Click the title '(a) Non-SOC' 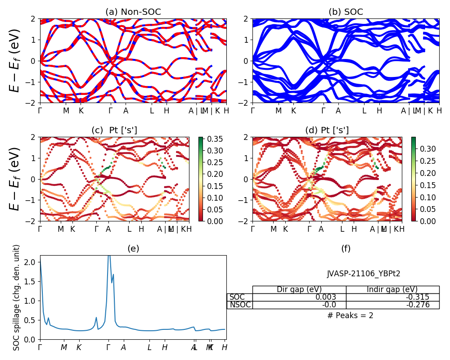(x=133, y=12)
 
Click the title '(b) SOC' (x=346, y=12)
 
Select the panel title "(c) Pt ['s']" (x=114, y=130)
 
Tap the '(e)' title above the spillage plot (x=133, y=248)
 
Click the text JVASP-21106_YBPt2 (x=364, y=273)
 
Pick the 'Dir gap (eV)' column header (x=299, y=289)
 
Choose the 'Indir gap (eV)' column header (x=392, y=289)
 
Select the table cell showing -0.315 (x=417, y=297)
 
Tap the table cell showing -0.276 (x=417, y=305)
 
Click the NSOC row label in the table (x=240, y=305)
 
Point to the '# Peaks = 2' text (x=350, y=315)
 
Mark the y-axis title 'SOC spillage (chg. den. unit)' (x=17, y=297)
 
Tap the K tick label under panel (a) (x=81, y=111)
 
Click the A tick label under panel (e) (x=123, y=347)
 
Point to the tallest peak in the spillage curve (x=108, y=256)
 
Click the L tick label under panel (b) (x=364, y=111)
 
